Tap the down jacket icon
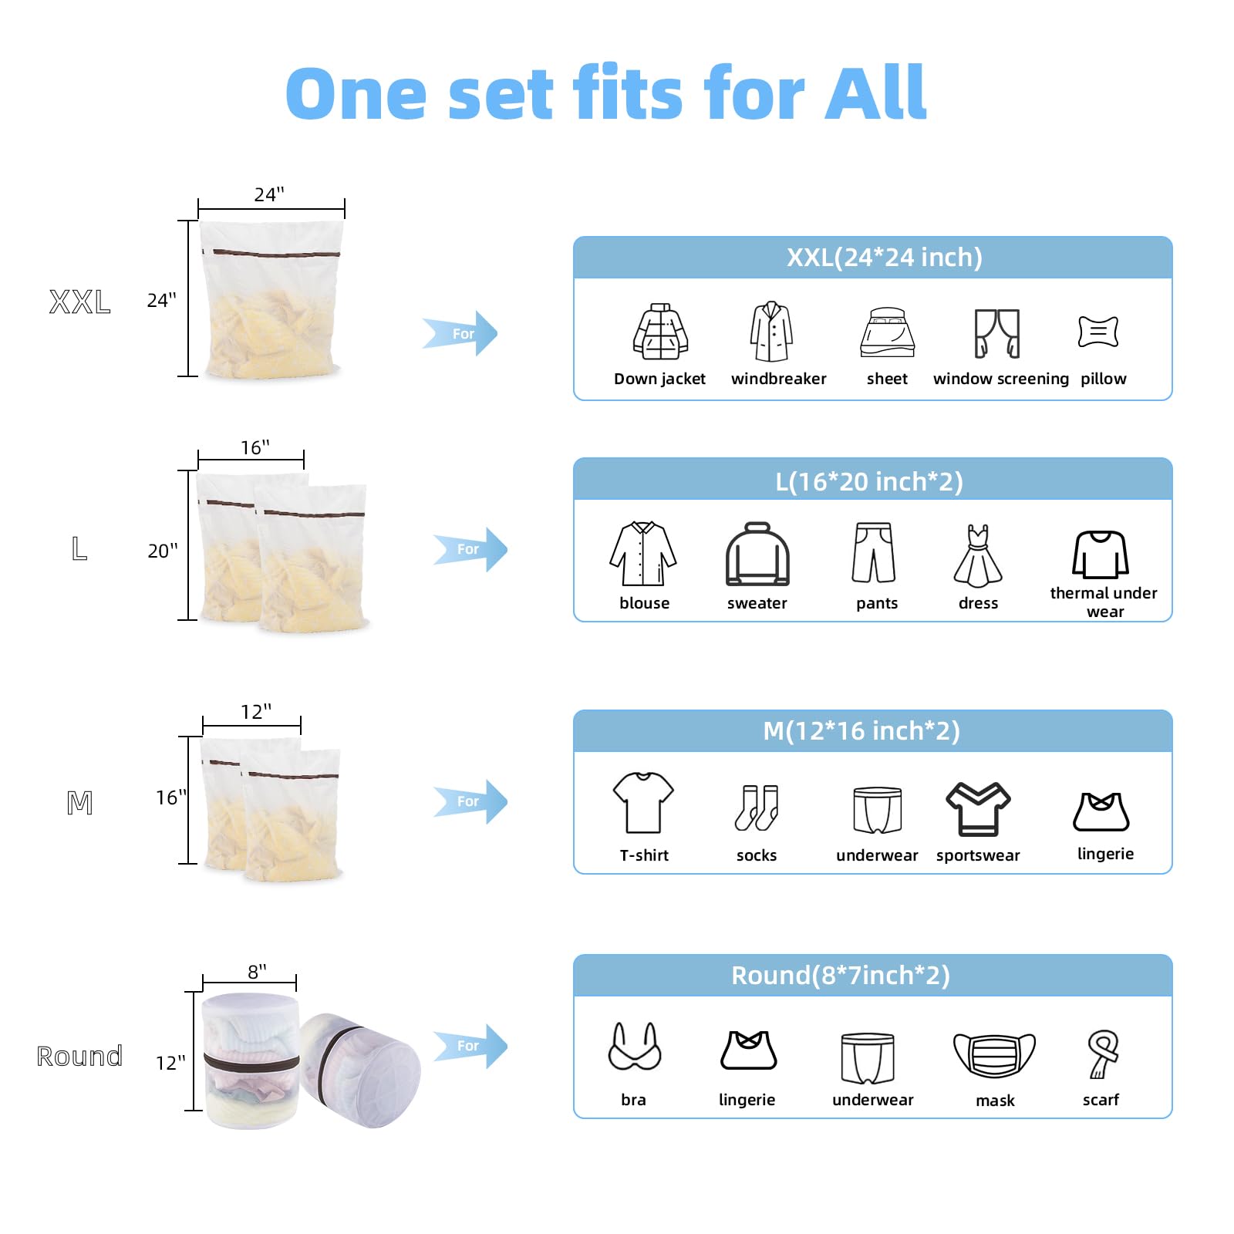(660, 332)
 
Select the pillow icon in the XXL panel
(1098, 332)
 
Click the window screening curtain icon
(997, 333)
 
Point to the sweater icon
(757, 555)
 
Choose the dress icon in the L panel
(978, 556)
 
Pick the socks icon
(757, 807)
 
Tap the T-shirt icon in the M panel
(643, 803)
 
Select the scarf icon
(1103, 1054)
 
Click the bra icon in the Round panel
(635, 1047)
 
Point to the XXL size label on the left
(79, 302)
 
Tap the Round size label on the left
(79, 1056)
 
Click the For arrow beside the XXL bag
(460, 333)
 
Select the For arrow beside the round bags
(470, 1046)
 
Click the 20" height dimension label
(163, 551)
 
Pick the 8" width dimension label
(258, 971)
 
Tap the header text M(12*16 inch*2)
(861, 730)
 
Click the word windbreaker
(779, 379)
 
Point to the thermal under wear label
(1104, 602)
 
